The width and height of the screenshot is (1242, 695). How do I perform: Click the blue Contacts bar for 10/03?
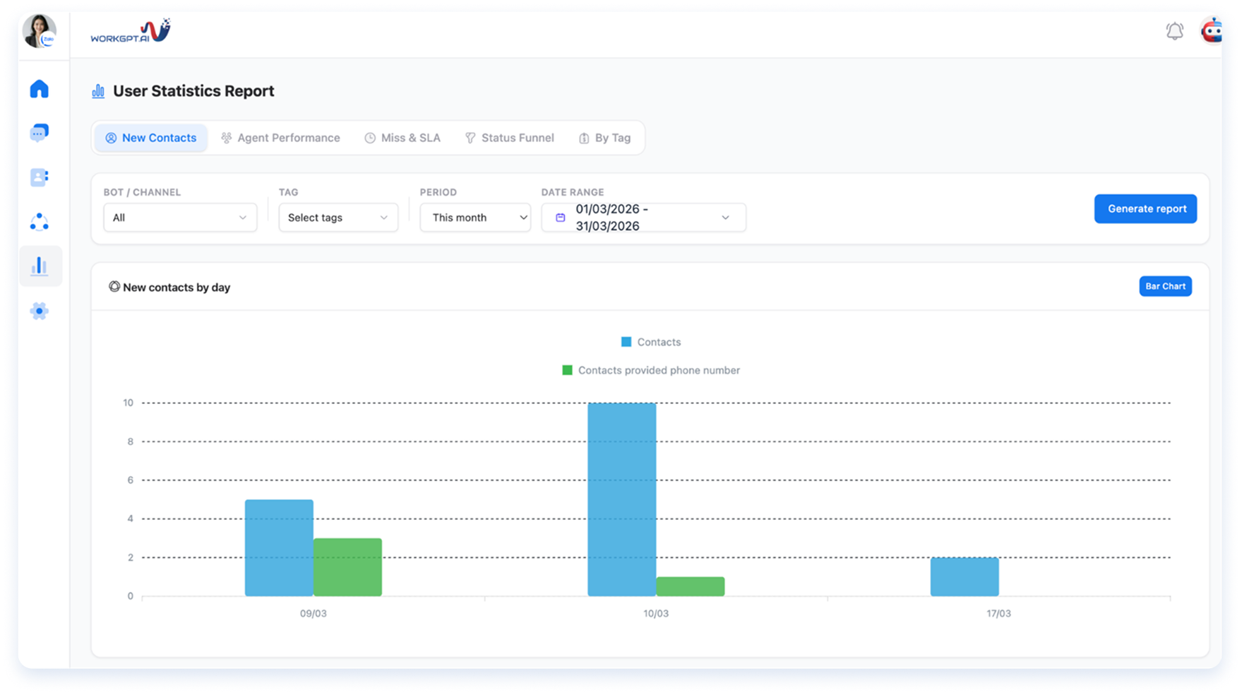621,499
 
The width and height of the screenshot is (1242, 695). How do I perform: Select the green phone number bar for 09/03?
347,567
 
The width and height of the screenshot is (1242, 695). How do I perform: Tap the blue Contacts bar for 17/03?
965,577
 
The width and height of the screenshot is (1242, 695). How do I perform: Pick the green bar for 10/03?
691,586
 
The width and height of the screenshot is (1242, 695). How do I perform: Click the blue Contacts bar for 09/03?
279,548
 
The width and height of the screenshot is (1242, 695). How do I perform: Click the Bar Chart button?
1165,286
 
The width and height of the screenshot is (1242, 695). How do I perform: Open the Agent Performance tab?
280,138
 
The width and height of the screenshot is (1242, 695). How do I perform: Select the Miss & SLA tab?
402,138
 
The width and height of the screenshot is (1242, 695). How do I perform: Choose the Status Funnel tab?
509,138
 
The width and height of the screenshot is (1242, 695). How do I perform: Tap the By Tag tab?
604,138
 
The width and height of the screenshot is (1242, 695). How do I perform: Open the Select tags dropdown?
338,218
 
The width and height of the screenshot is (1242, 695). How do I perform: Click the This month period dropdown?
475,218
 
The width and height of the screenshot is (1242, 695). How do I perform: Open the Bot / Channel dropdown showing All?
180,218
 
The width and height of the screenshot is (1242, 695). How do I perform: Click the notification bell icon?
1175,31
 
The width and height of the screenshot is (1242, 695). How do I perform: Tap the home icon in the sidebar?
40,89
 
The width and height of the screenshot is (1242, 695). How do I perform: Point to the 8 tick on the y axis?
130,441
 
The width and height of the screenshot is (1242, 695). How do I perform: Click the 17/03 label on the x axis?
998,613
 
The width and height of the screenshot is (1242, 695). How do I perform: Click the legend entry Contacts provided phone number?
651,370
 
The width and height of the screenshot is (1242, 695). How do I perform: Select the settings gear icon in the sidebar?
40,311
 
